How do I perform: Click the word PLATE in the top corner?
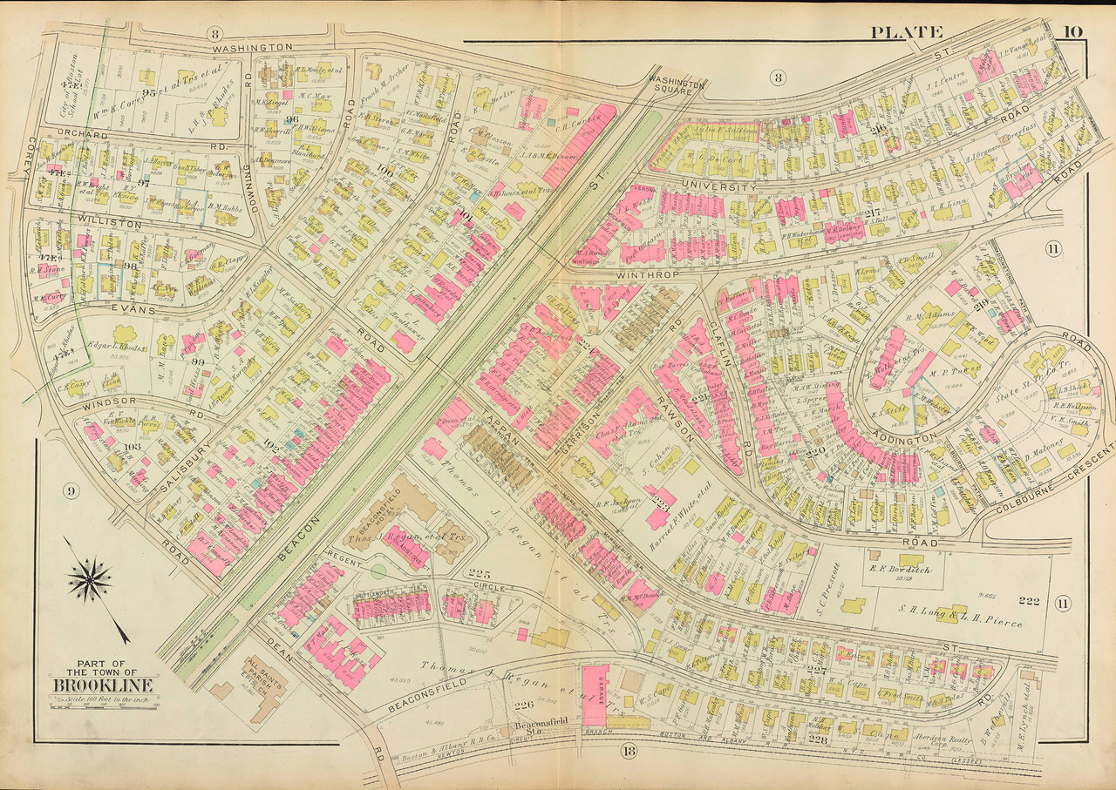click(x=906, y=33)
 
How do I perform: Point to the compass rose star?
click(x=90, y=581)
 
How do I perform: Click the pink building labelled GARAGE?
click(x=595, y=691)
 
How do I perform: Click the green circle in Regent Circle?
click(x=378, y=572)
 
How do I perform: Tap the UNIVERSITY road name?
click(x=718, y=186)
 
